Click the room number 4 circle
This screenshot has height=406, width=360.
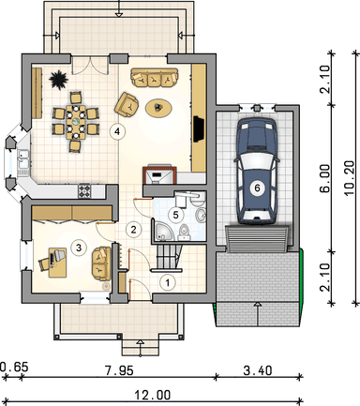click(117, 131)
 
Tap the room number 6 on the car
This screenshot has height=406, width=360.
click(257, 188)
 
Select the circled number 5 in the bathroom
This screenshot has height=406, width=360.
click(175, 215)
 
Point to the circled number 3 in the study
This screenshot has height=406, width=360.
click(79, 248)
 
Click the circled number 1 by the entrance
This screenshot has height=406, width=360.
click(168, 283)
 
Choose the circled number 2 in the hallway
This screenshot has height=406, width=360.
click(133, 230)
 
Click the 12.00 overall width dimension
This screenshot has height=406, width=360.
click(153, 395)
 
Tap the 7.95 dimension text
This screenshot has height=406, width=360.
click(119, 370)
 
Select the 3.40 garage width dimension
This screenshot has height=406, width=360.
click(258, 370)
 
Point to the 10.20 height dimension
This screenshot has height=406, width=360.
click(350, 178)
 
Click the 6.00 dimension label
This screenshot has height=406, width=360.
click(325, 178)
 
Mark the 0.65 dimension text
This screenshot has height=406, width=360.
click(14, 367)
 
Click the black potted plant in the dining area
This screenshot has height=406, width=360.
click(58, 79)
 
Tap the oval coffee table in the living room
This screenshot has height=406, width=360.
click(158, 108)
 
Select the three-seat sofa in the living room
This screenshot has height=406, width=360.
click(154, 78)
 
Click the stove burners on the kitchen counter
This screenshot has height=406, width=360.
click(84, 191)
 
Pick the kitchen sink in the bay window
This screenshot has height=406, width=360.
click(23, 162)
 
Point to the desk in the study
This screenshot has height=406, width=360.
click(57, 263)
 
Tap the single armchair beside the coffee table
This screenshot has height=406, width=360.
click(127, 105)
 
